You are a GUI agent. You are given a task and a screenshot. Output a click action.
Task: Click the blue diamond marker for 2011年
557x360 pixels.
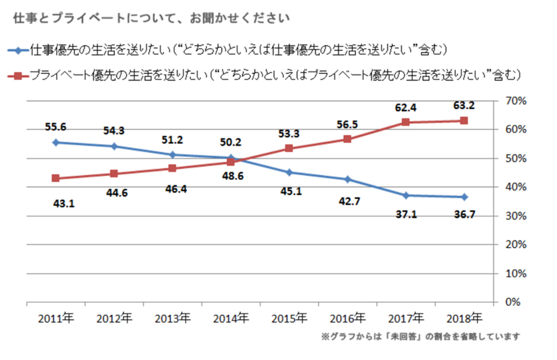coord(56,142)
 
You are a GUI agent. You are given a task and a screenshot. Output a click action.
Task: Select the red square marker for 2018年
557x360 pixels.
coord(463,121)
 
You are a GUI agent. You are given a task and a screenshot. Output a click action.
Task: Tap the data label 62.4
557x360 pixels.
coord(405,107)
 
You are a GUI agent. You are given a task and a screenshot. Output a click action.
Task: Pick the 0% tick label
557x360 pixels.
coord(516,302)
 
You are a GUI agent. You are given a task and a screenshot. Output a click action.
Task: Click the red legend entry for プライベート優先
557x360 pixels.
coord(265,75)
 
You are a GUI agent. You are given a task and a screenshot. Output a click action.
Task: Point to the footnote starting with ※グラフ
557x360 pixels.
coord(420,337)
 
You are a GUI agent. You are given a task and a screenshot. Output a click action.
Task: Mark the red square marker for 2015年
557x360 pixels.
coord(289,148)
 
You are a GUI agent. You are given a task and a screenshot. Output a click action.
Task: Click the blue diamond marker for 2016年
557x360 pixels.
coord(347,179)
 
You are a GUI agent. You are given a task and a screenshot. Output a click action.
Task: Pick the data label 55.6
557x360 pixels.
coord(56,126)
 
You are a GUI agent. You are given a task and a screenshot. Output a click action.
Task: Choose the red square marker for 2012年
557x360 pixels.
coord(114,174)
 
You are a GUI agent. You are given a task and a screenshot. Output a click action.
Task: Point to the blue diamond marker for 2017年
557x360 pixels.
coord(405,195)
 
